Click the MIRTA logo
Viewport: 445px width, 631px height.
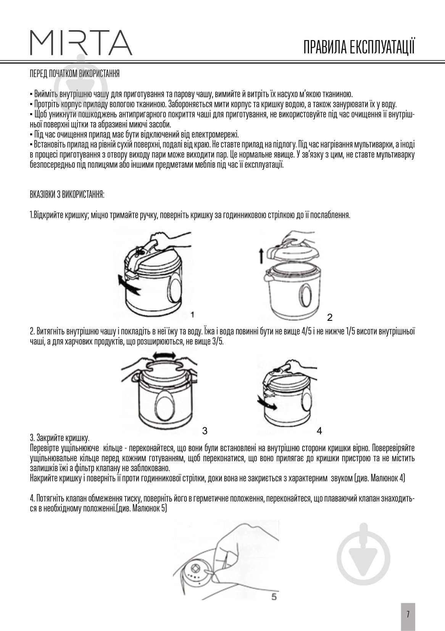[81, 42]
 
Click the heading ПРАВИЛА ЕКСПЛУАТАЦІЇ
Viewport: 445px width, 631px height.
[359, 47]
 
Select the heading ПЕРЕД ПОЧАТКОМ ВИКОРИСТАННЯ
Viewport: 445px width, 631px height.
[74, 74]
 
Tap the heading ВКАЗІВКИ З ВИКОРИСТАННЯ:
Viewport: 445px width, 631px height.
[67, 195]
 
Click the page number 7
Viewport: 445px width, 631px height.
[408, 614]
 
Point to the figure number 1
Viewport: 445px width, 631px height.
[192, 314]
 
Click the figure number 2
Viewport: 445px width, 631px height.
[330, 317]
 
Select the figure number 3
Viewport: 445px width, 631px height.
[205, 431]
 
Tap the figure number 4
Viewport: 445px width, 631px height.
[319, 431]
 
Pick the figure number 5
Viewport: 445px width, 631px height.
[274, 597]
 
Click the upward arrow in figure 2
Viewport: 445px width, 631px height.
[261, 255]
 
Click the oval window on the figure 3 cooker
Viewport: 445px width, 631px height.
[165, 403]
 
